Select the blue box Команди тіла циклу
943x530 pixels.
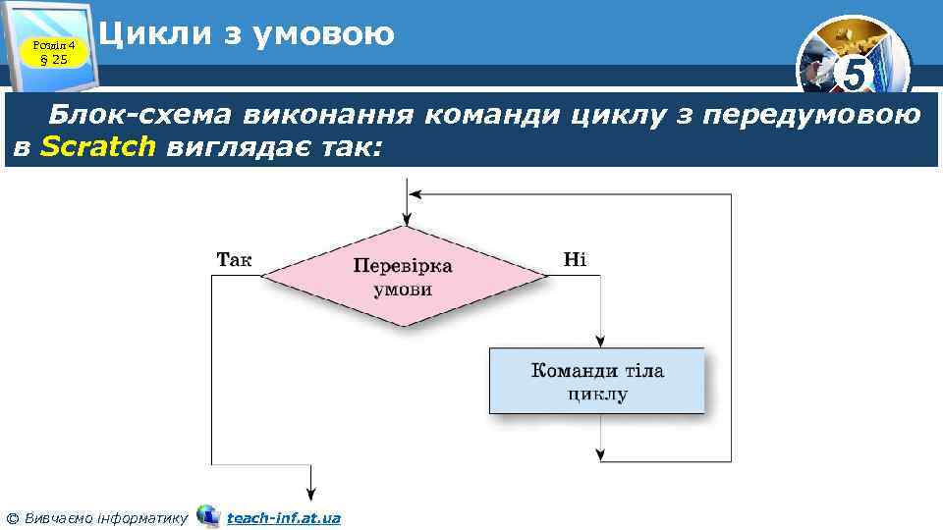[597, 382]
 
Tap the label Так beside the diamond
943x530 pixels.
[234, 259]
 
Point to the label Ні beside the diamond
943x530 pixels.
[575, 259]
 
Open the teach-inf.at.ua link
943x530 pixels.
[283, 517]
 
